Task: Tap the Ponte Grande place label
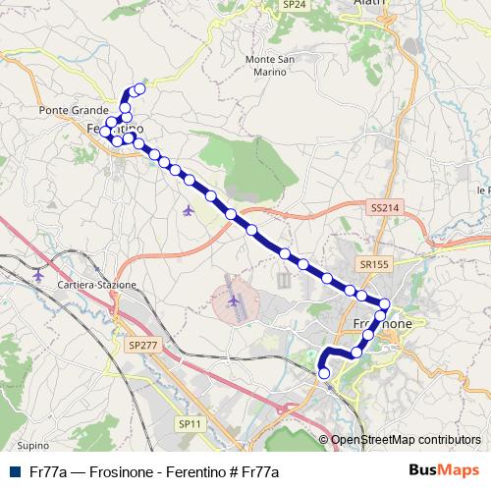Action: pos(64,111)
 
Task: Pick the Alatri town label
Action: pos(369,4)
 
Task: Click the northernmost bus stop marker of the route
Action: pos(138,89)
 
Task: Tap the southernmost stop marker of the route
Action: pos(324,372)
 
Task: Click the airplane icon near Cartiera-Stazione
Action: pos(38,274)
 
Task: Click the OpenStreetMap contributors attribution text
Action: pos(407,439)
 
